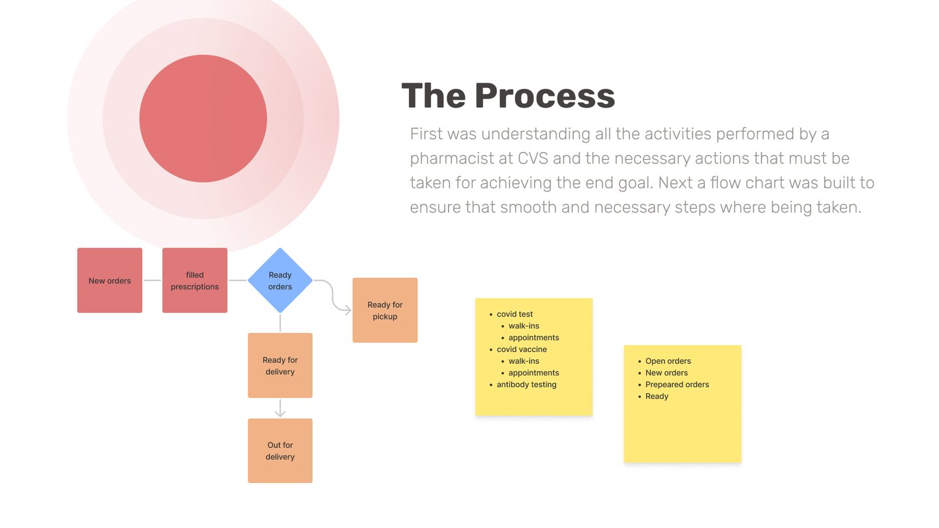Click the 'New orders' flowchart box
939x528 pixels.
pos(110,280)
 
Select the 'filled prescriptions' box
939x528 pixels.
pos(195,280)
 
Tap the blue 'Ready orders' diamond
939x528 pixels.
pos(280,280)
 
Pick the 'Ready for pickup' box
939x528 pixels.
pos(385,310)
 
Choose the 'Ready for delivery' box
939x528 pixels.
pos(280,366)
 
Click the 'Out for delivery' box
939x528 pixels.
pos(280,451)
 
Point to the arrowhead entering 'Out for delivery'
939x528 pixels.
pos(280,413)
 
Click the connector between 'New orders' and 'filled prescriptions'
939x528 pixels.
pos(152,280)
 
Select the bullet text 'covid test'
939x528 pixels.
pos(514,314)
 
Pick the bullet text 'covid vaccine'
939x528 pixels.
pos(522,349)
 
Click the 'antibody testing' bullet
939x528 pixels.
pos(526,385)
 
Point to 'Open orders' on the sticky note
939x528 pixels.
pos(668,361)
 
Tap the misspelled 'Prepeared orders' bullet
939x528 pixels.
pos(677,385)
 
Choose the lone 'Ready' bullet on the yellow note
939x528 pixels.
pos(657,396)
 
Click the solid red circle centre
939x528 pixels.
pos(203,119)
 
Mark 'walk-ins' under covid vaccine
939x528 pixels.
pos(524,361)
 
